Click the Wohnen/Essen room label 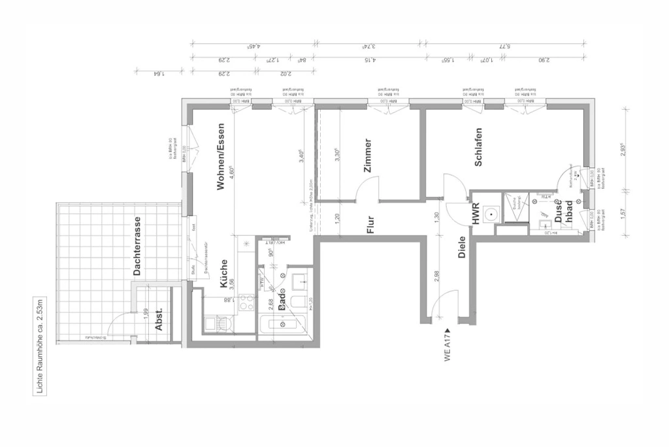click(221, 157)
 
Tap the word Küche click(223, 274)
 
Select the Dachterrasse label click(137, 246)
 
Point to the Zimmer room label click(368, 156)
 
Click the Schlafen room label click(479, 147)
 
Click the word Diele click(462, 246)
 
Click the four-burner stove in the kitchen click(246, 303)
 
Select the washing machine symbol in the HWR click(491, 213)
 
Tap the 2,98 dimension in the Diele click(436, 278)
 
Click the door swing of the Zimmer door click(367, 190)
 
